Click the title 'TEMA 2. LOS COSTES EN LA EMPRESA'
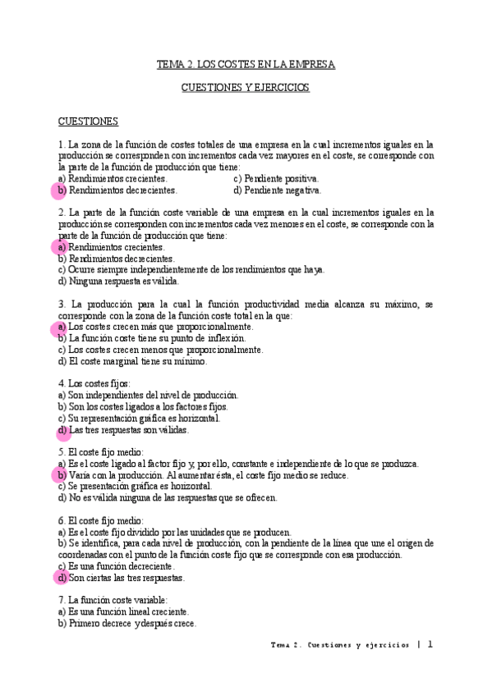[x=246, y=64]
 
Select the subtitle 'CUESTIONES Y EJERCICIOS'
[x=246, y=87]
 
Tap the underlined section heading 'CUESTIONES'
[x=88, y=121]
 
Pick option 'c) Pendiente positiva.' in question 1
[x=277, y=178]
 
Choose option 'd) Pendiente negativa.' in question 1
[x=278, y=190]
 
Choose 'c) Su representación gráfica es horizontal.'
[x=139, y=418]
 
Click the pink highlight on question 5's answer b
[x=61, y=475]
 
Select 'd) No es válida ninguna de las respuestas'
[x=168, y=497]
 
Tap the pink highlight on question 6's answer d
[x=61, y=577]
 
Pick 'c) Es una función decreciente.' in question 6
[x=116, y=565]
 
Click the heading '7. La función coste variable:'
[x=113, y=600]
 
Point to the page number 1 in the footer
[x=430, y=645]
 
